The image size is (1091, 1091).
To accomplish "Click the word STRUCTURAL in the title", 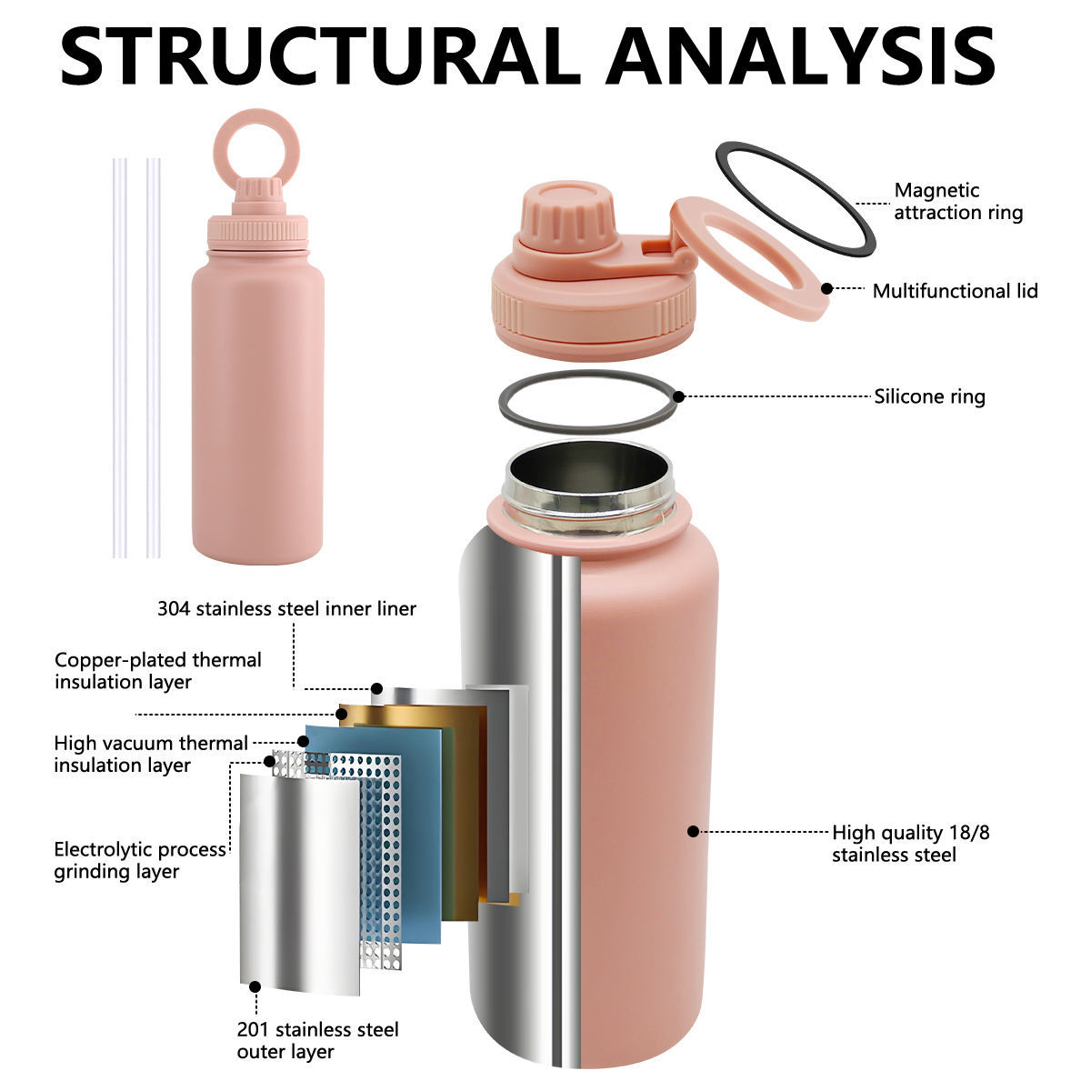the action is (321, 55).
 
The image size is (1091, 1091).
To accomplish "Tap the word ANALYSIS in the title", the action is (801, 55).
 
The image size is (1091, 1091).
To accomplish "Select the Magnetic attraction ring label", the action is (958, 201).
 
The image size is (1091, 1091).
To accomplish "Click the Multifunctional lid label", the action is (956, 291).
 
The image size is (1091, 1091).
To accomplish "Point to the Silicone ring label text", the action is (930, 396).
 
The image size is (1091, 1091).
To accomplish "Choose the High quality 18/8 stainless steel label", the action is (911, 844).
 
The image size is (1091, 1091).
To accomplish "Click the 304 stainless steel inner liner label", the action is (286, 608).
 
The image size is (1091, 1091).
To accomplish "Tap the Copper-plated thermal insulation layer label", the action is (158, 671).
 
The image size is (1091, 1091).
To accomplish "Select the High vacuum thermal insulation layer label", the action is (151, 754).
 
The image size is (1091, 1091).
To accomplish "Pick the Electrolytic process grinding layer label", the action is (140, 861).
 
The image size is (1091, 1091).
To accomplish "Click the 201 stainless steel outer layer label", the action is (317, 1041).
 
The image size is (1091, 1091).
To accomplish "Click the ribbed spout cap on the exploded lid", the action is (566, 215).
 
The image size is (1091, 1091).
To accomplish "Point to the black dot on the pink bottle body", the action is (694, 831).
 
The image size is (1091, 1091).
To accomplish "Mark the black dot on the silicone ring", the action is (679, 396).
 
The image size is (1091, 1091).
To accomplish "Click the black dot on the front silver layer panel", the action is (255, 986).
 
